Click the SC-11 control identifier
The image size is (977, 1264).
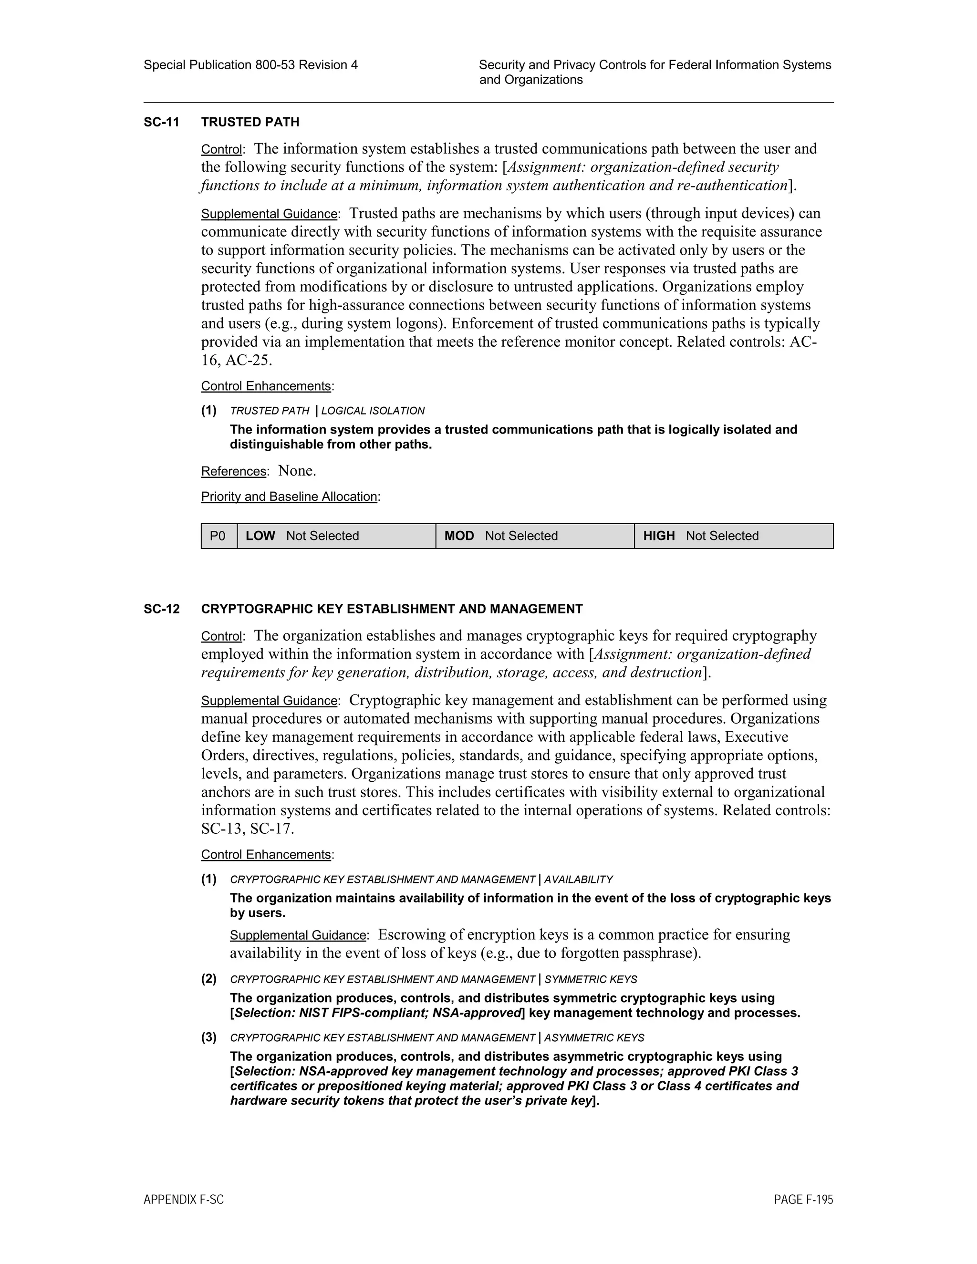pos(162,122)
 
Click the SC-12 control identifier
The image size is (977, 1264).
pos(162,609)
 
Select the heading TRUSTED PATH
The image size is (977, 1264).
pos(250,122)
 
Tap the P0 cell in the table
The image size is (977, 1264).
pos(218,536)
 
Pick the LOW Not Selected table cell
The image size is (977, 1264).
pos(336,536)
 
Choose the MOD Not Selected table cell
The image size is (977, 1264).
pos(534,536)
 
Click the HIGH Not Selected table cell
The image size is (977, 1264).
pos(733,536)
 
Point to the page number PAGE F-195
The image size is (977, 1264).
pos(803,1200)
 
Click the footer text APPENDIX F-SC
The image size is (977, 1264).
pos(184,1200)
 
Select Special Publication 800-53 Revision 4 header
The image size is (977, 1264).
pos(250,65)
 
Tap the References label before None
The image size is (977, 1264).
pos(233,472)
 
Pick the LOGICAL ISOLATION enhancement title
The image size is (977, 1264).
pos(373,411)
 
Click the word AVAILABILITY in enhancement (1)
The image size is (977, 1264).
pos(578,880)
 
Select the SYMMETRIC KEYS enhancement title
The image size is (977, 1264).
pos(591,979)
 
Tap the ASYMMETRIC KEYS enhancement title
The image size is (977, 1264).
pos(594,1038)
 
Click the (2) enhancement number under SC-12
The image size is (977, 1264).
pos(209,979)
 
